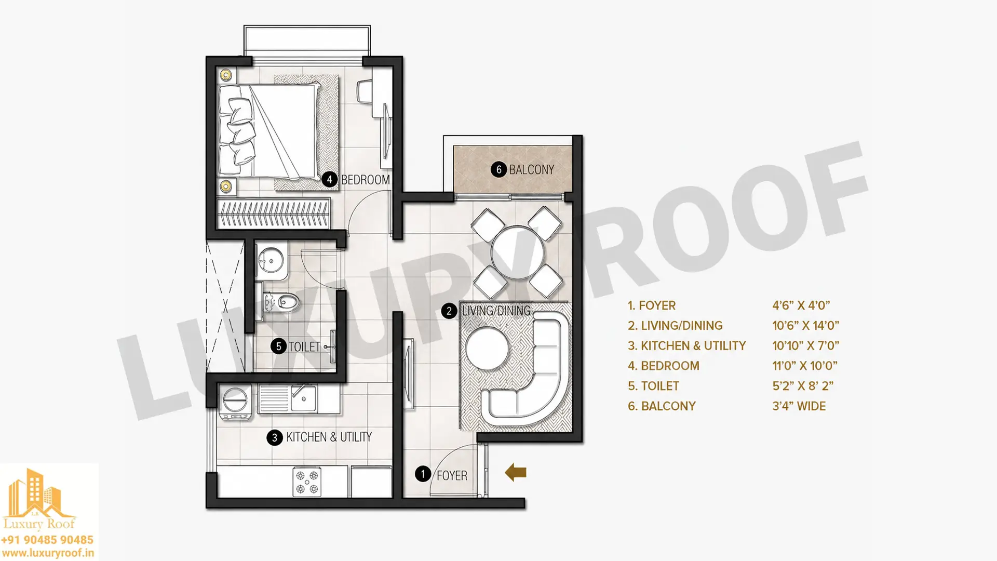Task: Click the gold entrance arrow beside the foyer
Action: pos(516,473)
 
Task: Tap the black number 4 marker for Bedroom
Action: pos(329,180)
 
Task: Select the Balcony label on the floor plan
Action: pos(531,170)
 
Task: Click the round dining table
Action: pos(517,253)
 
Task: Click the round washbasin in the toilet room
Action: pos(271,259)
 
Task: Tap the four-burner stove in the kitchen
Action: pos(306,482)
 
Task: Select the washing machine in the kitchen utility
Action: pos(235,402)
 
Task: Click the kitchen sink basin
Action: pos(304,399)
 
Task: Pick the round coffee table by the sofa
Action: pos(488,348)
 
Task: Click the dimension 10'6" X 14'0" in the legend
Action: pos(805,326)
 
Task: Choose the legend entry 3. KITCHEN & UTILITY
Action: pos(686,346)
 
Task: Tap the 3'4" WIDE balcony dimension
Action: pos(799,406)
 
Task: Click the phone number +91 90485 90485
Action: pos(47,540)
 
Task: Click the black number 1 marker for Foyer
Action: pos(423,474)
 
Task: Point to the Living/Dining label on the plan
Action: pos(496,311)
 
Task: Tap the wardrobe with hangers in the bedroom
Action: pos(274,213)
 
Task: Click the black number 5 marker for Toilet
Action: pos(278,346)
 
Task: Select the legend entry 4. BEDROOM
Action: pos(663,366)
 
